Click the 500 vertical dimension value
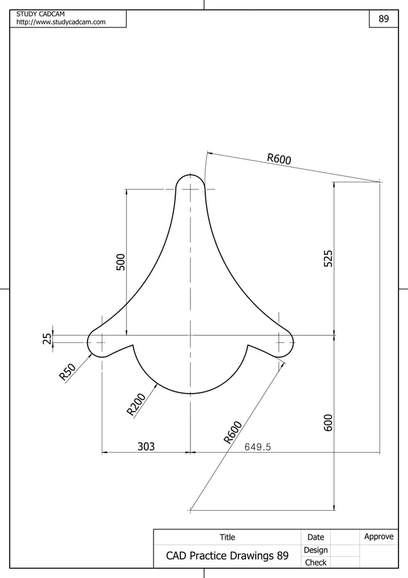coord(120,262)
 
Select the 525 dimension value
coord(328,259)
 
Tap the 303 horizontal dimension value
coord(146,447)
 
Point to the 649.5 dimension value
coord(258,447)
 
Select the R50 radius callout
coord(68,372)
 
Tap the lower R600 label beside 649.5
coord(233,432)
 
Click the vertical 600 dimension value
coord(328,422)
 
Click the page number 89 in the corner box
coord(384,19)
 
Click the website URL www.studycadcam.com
coord(61,23)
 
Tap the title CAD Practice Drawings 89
coord(227,556)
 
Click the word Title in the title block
coord(227,538)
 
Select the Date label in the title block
coord(316,538)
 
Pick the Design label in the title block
coord(316,550)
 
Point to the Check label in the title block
coord(316,563)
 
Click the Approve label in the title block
coord(379,537)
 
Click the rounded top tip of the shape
coord(191,175)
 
